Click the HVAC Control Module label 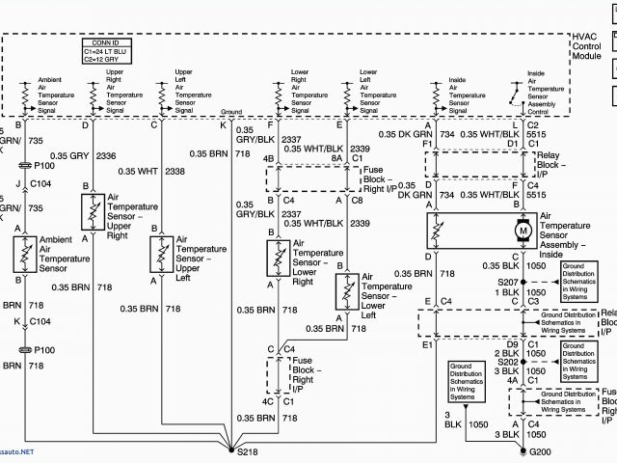586,46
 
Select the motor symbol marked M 524,231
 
